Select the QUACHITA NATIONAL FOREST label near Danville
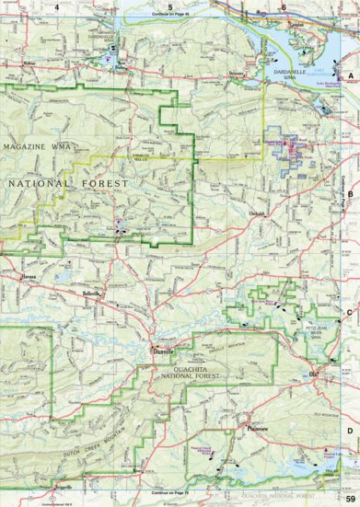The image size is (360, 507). click(174, 370)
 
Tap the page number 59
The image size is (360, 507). click(350, 498)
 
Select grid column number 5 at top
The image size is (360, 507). click(170, 7)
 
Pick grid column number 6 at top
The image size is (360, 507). click(285, 7)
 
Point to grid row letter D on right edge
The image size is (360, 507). click(350, 430)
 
